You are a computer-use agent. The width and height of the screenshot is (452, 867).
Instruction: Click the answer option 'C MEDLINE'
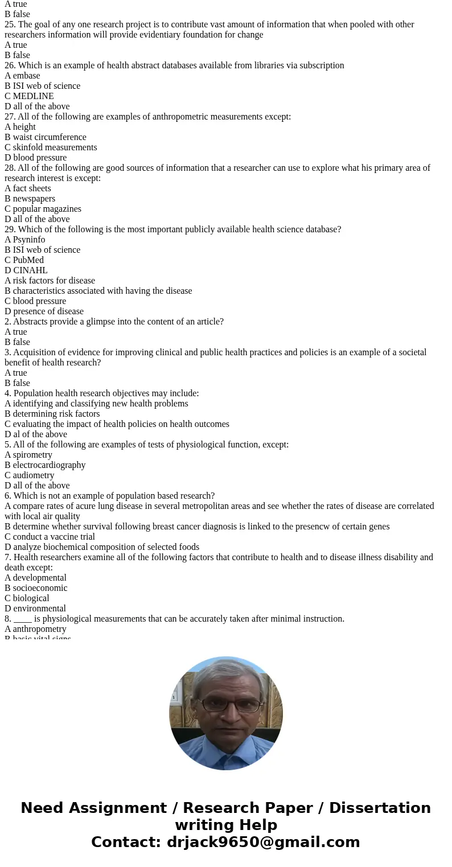[x=29, y=96]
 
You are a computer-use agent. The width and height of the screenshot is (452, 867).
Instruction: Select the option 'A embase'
[x=22, y=76]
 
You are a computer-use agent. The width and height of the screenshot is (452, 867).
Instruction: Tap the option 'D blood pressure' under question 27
[x=35, y=158]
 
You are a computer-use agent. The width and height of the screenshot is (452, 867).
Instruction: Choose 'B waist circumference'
[x=46, y=137]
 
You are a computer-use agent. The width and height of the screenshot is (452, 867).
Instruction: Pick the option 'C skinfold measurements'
[x=51, y=147]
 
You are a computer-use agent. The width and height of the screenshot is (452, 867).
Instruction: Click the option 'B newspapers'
[x=30, y=199]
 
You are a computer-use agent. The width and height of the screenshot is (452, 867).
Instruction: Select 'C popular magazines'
[x=43, y=209]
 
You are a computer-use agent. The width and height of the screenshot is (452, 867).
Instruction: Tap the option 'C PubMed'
[x=24, y=260]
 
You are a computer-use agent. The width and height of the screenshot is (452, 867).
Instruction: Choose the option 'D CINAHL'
[x=26, y=270]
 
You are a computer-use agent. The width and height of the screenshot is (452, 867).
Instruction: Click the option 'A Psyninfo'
[x=25, y=240]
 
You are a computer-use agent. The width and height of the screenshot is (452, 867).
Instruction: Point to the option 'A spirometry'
[x=28, y=455]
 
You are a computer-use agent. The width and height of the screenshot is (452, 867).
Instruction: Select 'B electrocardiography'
[x=45, y=465]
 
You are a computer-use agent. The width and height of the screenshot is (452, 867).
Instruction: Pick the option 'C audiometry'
[x=30, y=475]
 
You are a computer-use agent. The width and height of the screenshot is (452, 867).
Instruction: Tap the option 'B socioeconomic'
[x=36, y=588]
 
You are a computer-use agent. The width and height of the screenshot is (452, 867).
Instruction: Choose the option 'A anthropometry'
[x=35, y=629]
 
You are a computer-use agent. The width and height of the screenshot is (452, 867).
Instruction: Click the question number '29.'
[x=10, y=229]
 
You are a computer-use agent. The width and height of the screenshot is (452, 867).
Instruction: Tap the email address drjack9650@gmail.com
[x=263, y=842]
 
